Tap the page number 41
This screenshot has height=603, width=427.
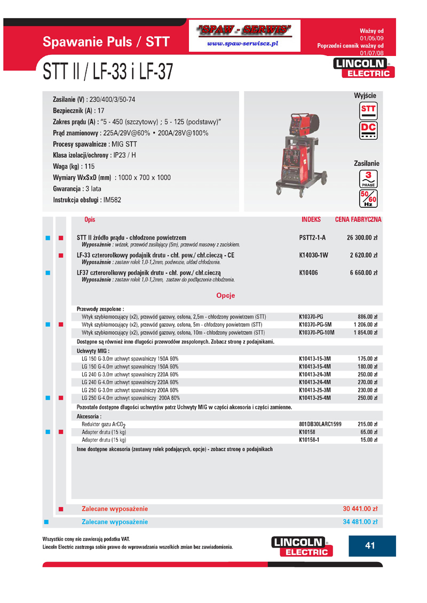coord(370,545)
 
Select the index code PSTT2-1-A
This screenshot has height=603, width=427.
coord(313,237)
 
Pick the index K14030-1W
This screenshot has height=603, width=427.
coord(314,255)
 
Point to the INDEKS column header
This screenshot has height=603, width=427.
coord(311,219)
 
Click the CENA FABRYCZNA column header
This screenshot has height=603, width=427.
coord(358,219)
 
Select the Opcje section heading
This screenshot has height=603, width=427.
coord(225,295)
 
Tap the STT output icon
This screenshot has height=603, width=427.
coord(368,110)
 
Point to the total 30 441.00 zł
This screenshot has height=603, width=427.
coord(360,509)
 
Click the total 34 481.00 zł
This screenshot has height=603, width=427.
coord(360,521)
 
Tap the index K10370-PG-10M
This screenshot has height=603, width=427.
coord(317,333)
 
